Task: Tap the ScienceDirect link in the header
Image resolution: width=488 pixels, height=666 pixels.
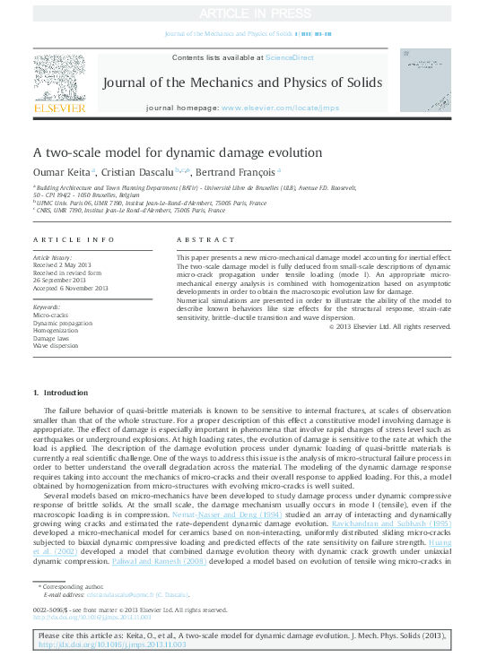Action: (x=289, y=56)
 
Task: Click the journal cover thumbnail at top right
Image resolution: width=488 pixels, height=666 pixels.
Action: (x=424, y=82)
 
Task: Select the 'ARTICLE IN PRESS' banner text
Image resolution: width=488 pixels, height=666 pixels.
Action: (x=244, y=12)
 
